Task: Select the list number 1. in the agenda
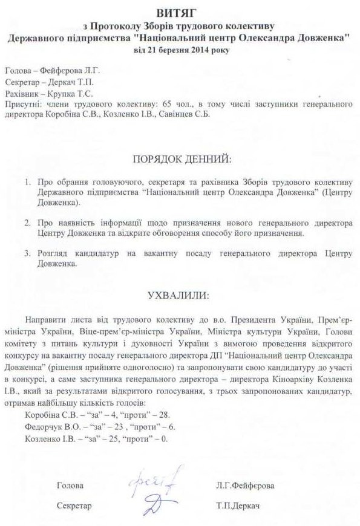(x=28, y=181)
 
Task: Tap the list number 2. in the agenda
(x=28, y=223)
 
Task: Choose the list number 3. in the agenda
(x=28, y=254)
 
